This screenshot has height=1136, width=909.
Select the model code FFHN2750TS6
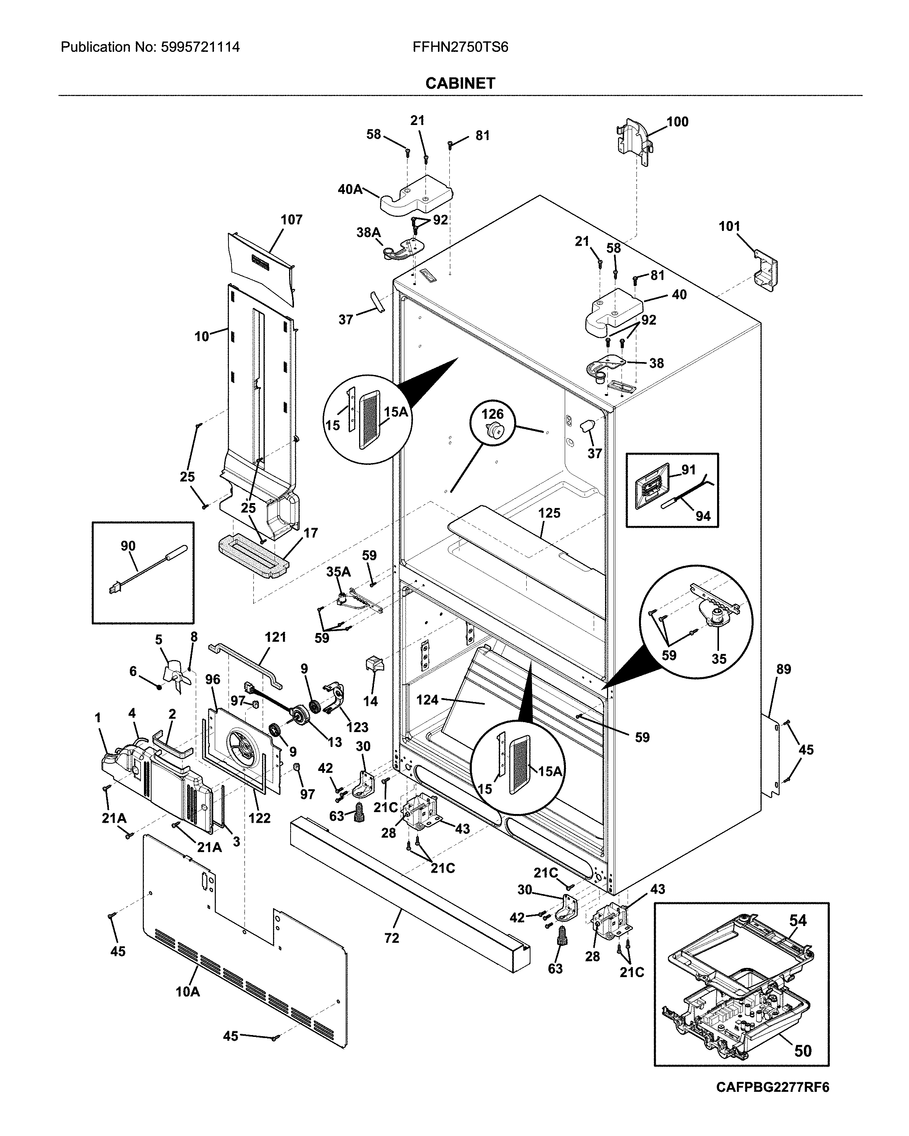(x=460, y=47)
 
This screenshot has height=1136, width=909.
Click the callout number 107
(x=291, y=220)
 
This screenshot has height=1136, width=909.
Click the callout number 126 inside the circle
(x=492, y=414)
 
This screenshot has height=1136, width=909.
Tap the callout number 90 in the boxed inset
(x=128, y=546)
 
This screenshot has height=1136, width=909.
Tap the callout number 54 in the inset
(x=798, y=920)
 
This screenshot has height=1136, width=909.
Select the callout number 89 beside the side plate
(x=784, y=669)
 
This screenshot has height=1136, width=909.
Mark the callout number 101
(x=729, y=227)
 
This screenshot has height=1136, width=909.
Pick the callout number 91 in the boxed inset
(x=689, y=469)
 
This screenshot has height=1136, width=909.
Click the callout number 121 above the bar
(x=275, y=637)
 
